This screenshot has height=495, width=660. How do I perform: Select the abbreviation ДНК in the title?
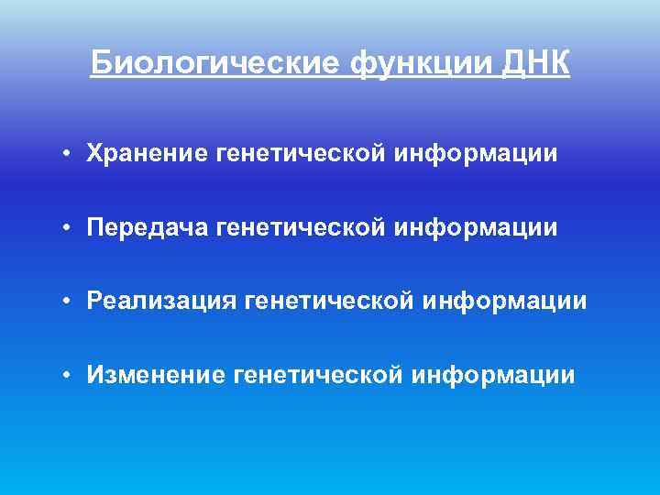pyautogui.click(x=538, y=63)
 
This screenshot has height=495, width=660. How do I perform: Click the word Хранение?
pyautogui.click(x=148, y=153)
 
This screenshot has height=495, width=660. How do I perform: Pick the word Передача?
pyautogui.click(x=148, y=226)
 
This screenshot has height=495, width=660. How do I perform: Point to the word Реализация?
pyautogui.click(x=161, y=301)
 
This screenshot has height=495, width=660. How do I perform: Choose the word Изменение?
pyautogui.click(x=156, y=374)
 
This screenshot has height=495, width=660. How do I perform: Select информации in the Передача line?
pyautogui.click(x=477, y=226)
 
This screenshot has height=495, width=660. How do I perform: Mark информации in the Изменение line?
pyautogui.click(x=495, y=374)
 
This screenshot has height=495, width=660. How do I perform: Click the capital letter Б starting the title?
pyautogui.click(x=100, y=63)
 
